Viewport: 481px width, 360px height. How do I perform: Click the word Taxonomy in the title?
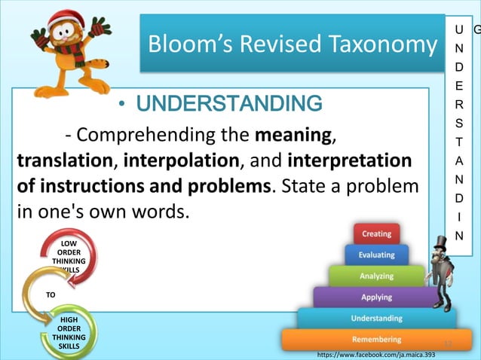point(377,44)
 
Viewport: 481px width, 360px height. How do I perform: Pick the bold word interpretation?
point(350,161)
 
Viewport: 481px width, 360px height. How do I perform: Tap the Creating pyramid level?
point(376,235)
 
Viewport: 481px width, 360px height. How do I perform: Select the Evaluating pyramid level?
point(376,255)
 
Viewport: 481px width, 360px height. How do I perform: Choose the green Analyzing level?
point(376,276)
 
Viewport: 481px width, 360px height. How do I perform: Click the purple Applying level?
point(376,297)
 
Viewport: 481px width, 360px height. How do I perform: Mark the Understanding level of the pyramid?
point(376,319)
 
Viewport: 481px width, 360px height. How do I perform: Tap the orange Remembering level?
point(376,340)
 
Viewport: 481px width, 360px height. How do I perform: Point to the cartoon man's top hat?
point(440,243)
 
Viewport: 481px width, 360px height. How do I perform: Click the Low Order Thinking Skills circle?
point(68,256)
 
